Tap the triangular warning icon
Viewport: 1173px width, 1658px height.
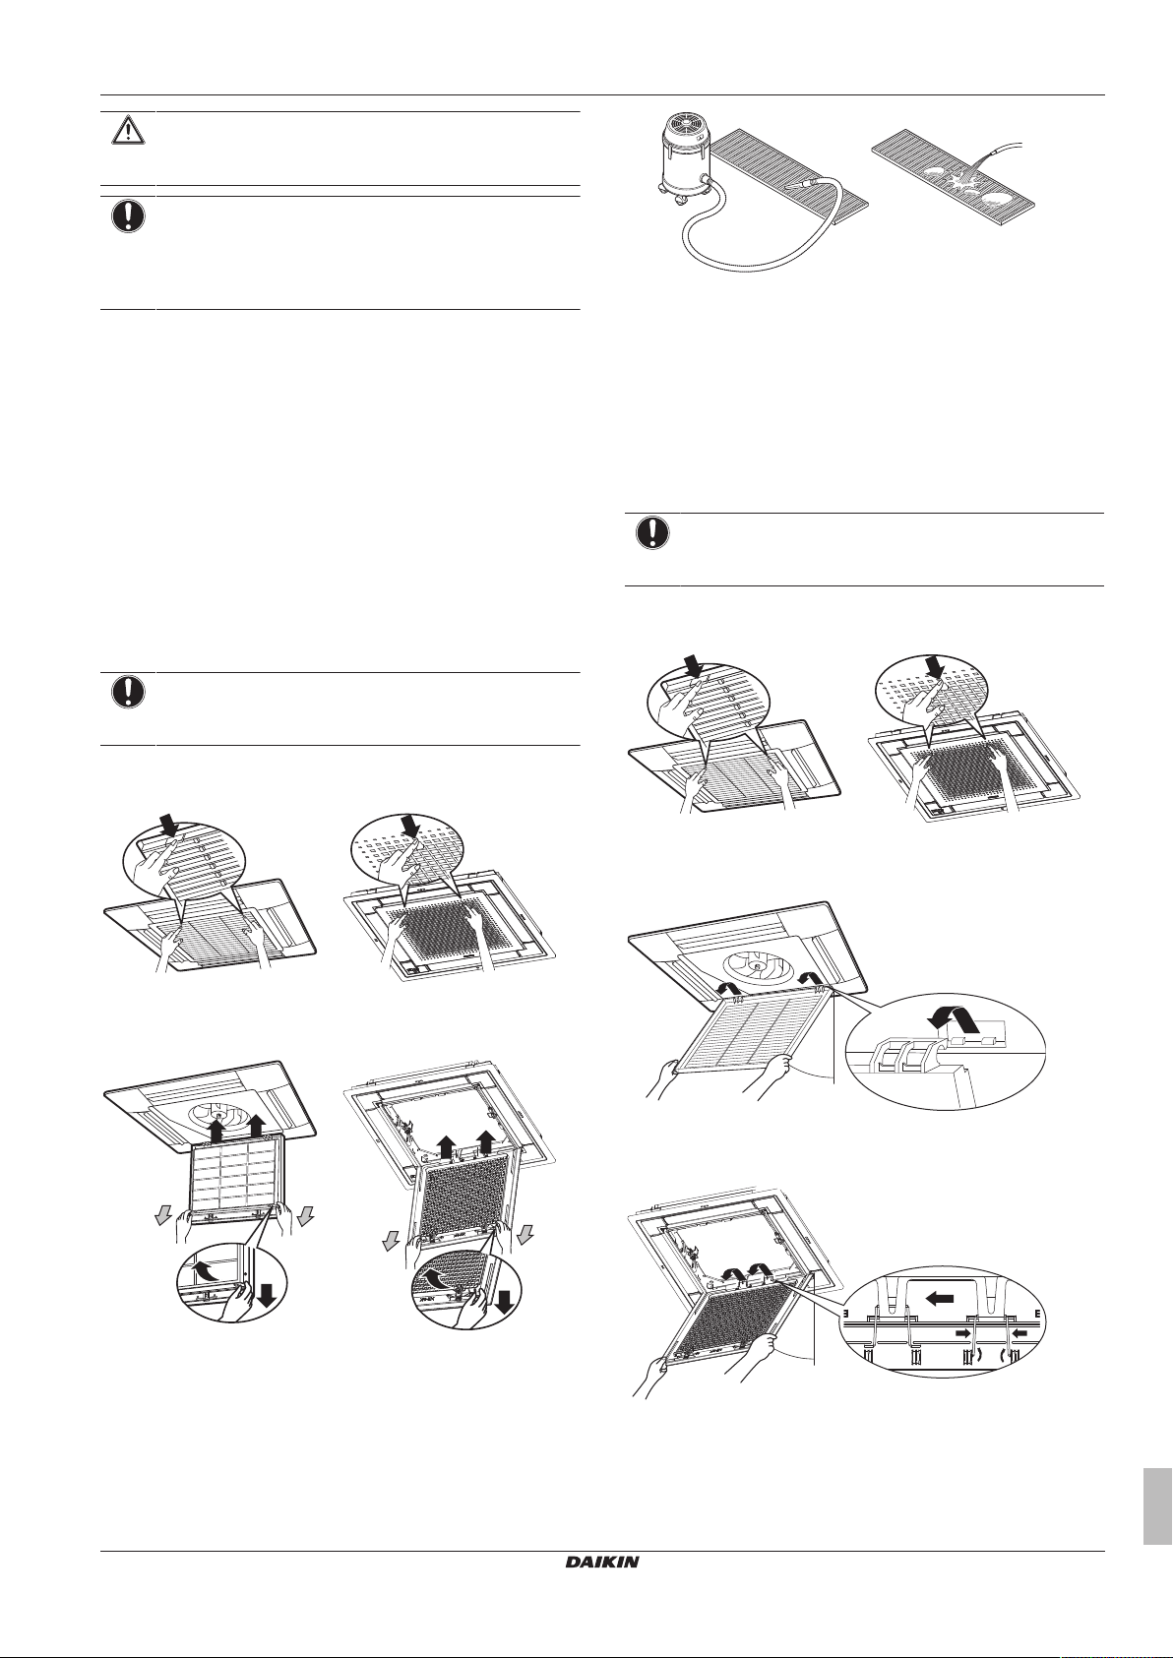[x=128, y=131]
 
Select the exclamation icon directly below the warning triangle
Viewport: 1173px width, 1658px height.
[x=128, y=216]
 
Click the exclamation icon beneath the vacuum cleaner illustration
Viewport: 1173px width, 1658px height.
[x=652, y=532]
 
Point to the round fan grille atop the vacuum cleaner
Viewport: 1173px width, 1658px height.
[x=683, y=127]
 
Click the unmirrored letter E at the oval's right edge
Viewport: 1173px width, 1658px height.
[x=1038, y=1313]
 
